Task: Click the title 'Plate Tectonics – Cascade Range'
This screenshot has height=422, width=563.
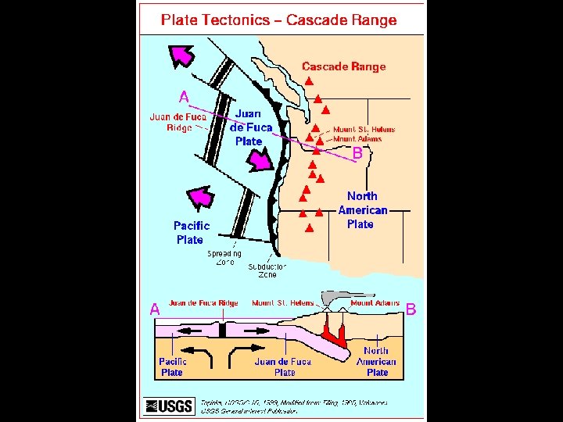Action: click(278, 20)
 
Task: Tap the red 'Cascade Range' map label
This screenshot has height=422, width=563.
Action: click(344, 66)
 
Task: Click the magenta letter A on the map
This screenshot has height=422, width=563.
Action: click(184, 98)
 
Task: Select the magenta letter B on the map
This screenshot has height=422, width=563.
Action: click(357, 155)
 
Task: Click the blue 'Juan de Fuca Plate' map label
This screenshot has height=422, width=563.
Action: click(250, 127)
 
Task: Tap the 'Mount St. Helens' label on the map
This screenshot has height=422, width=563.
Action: click(364, 130)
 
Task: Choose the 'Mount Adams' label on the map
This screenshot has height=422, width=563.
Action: click(357, 139)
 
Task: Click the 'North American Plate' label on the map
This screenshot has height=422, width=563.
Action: click(361, 209)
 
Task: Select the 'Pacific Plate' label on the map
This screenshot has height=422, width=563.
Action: click(191, 233)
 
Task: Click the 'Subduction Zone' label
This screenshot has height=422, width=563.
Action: click(267, 270)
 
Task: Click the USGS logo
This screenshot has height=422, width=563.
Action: click(170, 405)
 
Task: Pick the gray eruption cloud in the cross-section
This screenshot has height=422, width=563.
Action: click(332, 298)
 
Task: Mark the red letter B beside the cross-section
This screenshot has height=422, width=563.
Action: click(411, 309)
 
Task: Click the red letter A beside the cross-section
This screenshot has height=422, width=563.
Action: click(155, 309)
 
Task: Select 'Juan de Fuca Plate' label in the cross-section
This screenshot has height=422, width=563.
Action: click(283, 367)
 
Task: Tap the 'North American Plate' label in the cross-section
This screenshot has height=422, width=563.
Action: click(377, 362)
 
